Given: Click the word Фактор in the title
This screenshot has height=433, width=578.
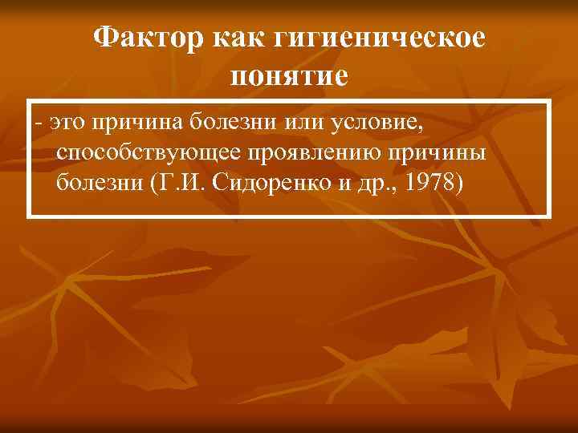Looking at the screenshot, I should click(149, 38).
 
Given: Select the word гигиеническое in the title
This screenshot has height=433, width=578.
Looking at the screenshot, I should click(381, 38).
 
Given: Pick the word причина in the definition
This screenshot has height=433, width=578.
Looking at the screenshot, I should click(138, 123).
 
